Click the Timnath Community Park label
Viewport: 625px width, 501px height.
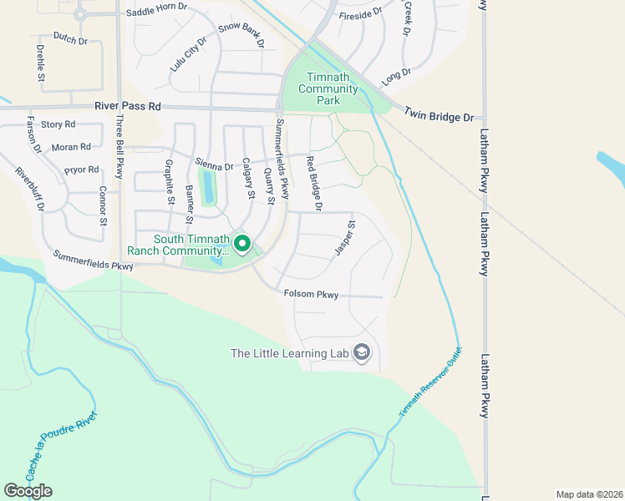pos(328,89)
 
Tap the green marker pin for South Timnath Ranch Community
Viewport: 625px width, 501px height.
pos(242,244)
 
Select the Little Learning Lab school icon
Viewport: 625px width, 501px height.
pos(362,353)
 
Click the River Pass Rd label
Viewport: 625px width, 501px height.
pos(128,107)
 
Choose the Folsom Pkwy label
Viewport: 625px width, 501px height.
pos(312,294)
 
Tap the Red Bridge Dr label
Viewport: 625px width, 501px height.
pos(314,182)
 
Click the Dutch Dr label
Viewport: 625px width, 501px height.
pos(69,38)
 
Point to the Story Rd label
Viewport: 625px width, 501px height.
pos(58,124)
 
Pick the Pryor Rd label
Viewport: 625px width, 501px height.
pos(81,170)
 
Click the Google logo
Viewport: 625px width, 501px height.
pos(28,490)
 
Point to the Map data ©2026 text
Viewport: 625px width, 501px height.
pos(588,494)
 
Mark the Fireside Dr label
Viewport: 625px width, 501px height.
pos(360,13)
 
